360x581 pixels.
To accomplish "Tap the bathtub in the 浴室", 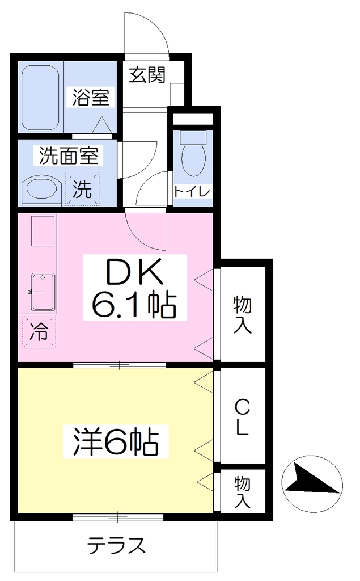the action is (x=40, y=98).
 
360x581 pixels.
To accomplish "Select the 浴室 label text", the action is (x=91, y=98).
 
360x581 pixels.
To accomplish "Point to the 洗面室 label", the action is (x=69, y=156).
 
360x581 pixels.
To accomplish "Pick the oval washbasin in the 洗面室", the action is (x=41, y=190).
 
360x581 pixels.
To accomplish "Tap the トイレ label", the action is (x=192, y=192).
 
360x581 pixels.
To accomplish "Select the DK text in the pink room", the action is (x=134, y=272).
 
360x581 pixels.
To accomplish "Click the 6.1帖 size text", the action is (x=134, y=305).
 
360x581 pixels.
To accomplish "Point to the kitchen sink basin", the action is (x=43, y=292).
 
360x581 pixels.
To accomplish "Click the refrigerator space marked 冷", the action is (x=39, y=331).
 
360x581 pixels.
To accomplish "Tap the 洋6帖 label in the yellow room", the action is (x=116, y=441).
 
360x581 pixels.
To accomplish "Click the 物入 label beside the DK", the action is (x=243, y=315).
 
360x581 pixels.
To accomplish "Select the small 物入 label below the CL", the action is (x=243, y=492).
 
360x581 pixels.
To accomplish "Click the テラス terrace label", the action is (x=116, y=545).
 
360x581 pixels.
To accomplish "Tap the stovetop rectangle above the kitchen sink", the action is (x=43, y=231).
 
